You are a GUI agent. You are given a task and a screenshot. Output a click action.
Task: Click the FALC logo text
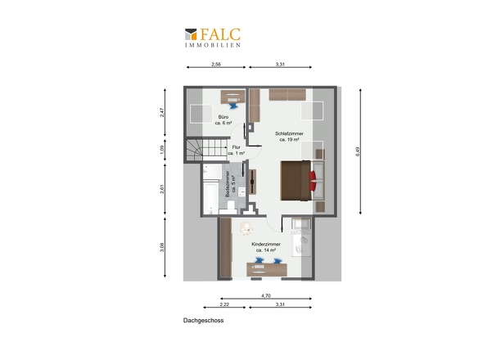[x=220, y=34]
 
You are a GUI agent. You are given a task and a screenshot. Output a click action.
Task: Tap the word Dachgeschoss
[x=203, y=320]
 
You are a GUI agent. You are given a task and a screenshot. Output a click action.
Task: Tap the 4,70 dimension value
[x=266, y=295]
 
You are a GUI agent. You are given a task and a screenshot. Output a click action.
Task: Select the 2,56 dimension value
[x=216, y=65]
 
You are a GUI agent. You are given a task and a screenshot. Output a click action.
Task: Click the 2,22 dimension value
[x=224, y=304]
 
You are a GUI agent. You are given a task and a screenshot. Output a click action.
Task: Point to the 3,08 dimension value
[x=162, y=247]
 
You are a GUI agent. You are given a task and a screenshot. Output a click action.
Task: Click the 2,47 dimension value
[x=162, y=112]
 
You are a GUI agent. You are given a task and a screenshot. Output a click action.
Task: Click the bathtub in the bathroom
[x=210, y=198]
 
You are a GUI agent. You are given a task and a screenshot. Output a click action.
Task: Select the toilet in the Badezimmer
[x=229, y=207]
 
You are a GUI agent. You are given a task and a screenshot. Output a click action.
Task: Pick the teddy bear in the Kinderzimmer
[x=246, y=229]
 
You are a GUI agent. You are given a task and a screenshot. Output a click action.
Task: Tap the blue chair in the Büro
[x=233, y=106]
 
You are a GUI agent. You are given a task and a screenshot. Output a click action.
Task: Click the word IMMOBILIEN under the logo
[x=213, y=45]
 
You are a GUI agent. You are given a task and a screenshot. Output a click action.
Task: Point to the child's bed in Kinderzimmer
[x=301, y=238]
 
